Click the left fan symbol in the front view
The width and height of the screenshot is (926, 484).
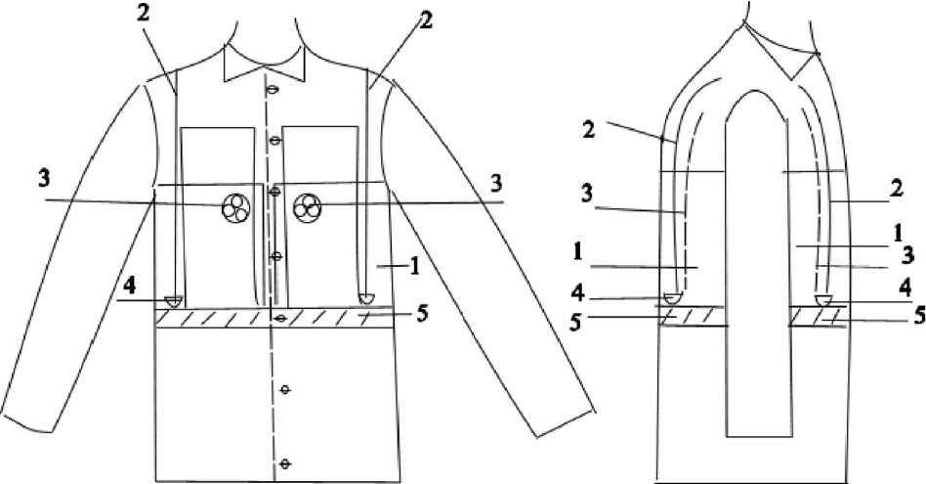pyautogui.click(x=235, y=207)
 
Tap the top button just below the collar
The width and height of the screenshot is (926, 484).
pyautogui.click(x=274, y=92)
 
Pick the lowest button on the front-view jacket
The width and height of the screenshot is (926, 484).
pyautogui.click(x=285, y=462)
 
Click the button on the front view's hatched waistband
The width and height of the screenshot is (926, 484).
pyautogui.click(x=280, y=319)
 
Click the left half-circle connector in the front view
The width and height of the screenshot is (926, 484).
pyautogui.click(x=175, y=299)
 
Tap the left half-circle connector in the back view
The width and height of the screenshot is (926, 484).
pyautogui.click(x=672, y=298)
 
